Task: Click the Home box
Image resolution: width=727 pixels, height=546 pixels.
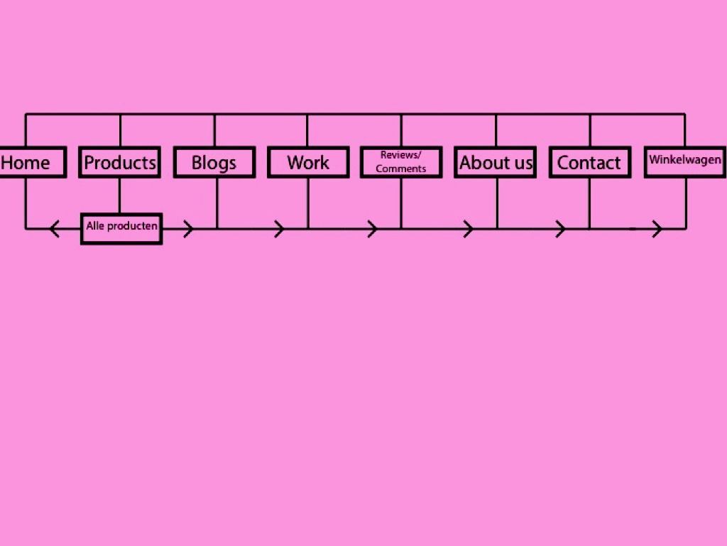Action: point(33,162)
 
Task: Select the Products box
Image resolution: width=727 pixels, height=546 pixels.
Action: point(119,162)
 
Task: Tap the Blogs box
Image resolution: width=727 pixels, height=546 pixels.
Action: point(214,162)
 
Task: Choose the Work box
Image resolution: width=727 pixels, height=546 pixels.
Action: point(308,162)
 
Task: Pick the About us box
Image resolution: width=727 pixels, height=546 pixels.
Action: point(495,162)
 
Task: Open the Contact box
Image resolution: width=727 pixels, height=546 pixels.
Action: point(590,162)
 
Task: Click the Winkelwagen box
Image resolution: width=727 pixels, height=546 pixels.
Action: point(685,162)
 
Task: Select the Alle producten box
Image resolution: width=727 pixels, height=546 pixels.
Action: point(121,228)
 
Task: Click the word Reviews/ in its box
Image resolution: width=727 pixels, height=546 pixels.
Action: point(400,155)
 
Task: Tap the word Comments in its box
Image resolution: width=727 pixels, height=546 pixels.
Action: point(400,168)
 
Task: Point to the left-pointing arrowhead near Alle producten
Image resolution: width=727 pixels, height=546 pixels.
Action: point(54,228)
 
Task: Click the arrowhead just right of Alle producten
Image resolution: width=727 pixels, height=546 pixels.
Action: point(187,228)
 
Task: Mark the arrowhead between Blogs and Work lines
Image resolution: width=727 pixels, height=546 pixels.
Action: point(278,228)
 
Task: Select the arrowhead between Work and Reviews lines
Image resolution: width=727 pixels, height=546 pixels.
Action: point(372,228)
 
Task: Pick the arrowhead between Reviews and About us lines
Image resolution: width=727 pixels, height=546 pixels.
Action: point(469,228)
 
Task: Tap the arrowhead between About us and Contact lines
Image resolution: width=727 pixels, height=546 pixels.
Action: point(560,228)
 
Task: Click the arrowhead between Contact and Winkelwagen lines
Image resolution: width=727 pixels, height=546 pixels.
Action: point(657,228)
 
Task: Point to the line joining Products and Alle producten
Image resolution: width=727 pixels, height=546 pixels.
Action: point(119,196)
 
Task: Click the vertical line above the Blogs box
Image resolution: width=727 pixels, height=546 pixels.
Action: point(214,130)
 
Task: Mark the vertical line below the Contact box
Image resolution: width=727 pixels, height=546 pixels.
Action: point(589,203)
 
